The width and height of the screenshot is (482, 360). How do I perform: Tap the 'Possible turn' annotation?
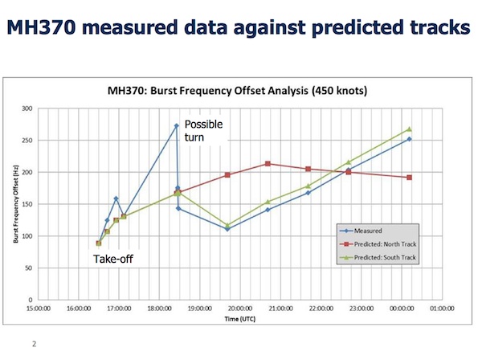pyautogui.click(x=202, y=131)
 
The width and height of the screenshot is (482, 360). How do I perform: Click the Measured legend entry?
pyautogui.click(x=371, y=229)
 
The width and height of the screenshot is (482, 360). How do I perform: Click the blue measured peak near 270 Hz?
pyautogui.click(x=176, y=126)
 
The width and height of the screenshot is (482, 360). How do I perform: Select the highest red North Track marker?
pyautogui.click(x=268, y=164)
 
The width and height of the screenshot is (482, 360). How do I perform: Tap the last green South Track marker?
pyautogui.click(x=409, y=129)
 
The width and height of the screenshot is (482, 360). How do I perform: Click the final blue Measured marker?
pyautogui.click(x=409, y=139)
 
